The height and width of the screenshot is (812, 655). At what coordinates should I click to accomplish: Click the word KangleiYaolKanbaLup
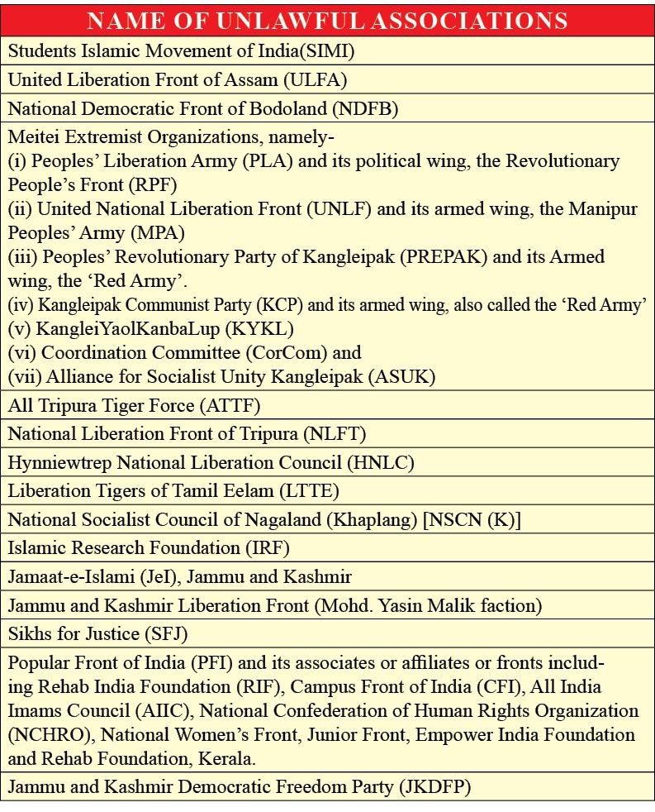point(131,328)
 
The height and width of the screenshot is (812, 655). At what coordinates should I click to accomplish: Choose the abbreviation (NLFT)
point(334,433)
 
